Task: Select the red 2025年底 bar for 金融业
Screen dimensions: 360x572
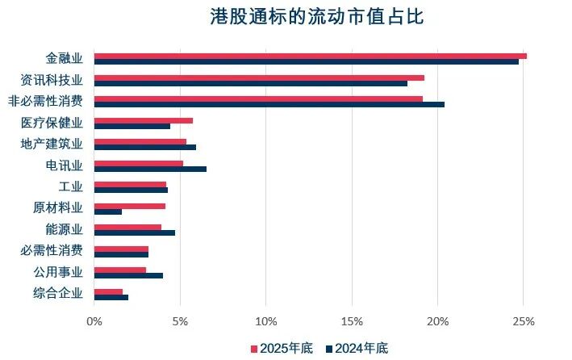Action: [310, 56]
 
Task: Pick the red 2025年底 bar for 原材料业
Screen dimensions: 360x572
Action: [129, 206]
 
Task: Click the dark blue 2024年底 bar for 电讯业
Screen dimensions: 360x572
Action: [150, 169]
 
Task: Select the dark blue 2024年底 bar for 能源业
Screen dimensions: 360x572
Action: [134, 232]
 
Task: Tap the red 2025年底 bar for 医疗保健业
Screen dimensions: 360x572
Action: [143, 120]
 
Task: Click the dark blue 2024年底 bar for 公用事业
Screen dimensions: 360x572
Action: [128, 275]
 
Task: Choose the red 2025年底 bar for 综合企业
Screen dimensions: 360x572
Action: [108, 291]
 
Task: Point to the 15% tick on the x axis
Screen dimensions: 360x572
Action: [352, 321]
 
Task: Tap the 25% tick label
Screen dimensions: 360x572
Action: [524, 321]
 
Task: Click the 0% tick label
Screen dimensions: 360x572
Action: [94, 321]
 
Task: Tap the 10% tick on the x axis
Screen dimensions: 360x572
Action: [266, 321]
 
